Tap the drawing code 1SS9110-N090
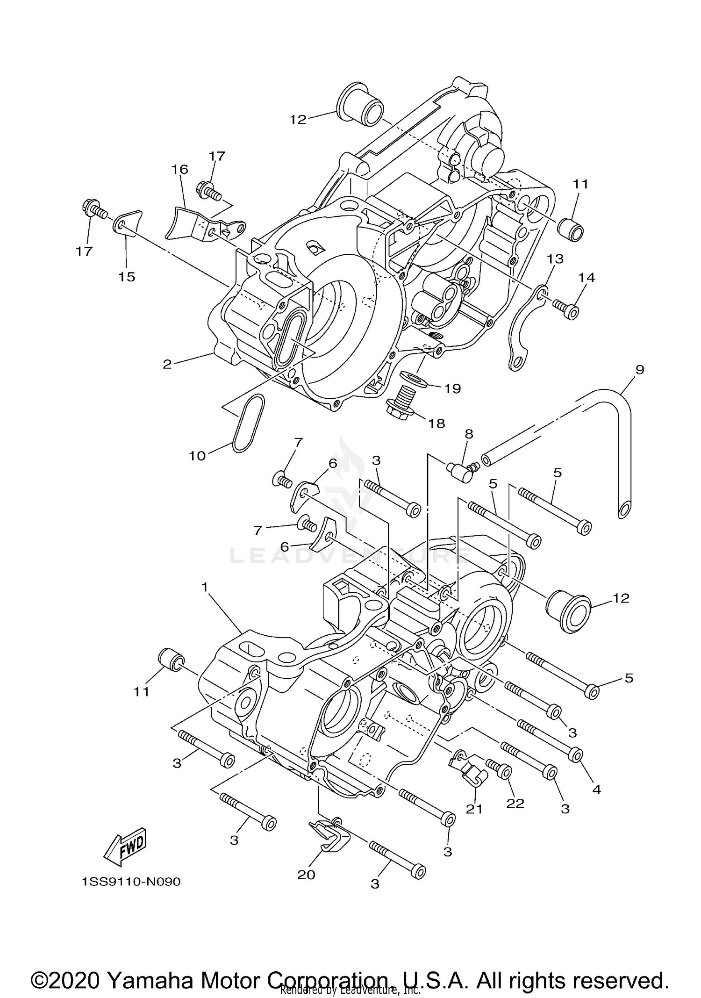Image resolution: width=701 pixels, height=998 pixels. pos(131,882)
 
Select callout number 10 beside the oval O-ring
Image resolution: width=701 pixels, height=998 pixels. pos(197,455)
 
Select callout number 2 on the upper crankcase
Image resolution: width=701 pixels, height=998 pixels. pos(167,364)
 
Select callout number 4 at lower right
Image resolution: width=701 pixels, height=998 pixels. pos(596,790)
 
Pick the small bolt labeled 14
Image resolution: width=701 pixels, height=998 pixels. pos(566,309)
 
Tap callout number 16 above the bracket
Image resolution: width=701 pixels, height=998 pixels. pos(180,169)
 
